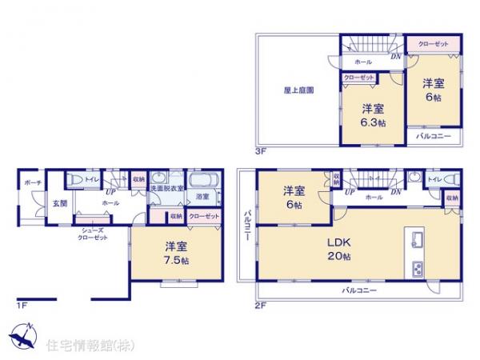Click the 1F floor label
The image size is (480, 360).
click(22, 305)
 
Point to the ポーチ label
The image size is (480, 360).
click(32, 183)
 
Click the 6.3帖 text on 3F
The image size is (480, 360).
click(372, 123)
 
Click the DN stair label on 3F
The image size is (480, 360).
click(395, 56)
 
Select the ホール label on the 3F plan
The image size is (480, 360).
click(362, 62)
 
